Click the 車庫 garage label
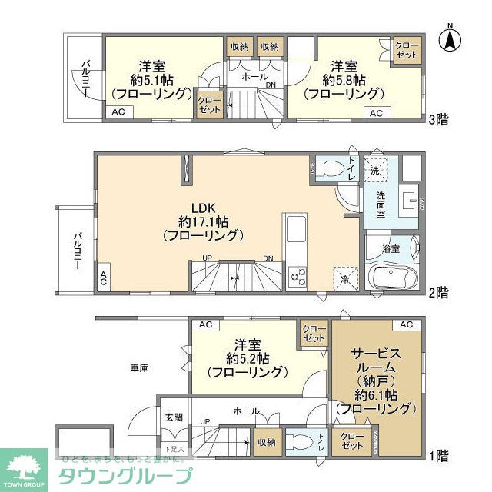pos(139,368)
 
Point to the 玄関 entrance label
pos(173,417)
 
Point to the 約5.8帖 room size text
pos(343,80)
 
